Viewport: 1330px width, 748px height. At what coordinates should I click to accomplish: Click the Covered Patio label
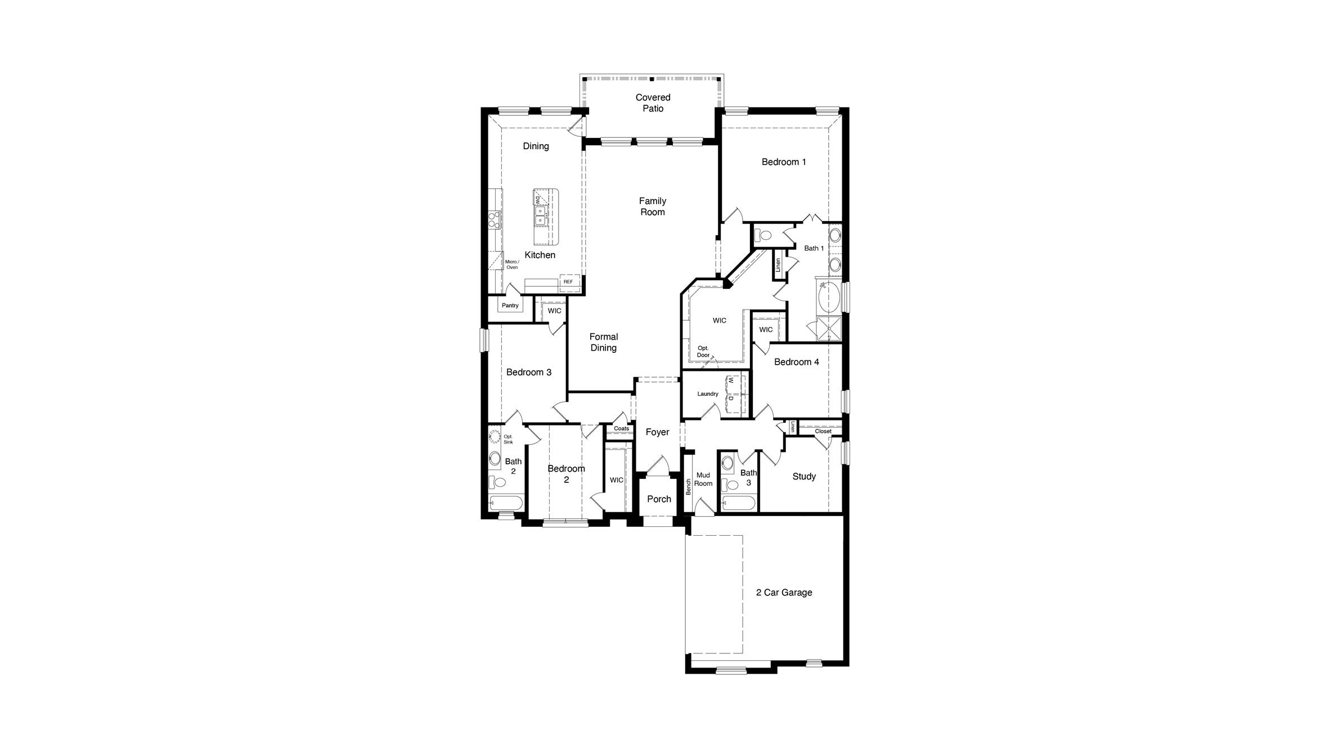tap(653, 103)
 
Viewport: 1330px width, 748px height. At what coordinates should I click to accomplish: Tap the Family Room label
tap(653, 207)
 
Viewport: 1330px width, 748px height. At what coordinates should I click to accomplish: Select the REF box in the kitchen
tap(568, 281)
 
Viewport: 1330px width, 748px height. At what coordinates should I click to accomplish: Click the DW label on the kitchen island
tap(538, 200)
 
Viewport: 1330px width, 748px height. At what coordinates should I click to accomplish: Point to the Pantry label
tap(510, 306)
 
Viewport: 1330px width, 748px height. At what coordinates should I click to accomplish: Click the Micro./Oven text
tap(512, 265)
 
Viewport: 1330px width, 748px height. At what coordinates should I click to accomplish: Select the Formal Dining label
tap(604, 342)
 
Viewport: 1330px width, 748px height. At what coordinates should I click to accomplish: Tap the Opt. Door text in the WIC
tap(703, 352)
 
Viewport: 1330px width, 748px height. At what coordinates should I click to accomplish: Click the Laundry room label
tap(708, 394)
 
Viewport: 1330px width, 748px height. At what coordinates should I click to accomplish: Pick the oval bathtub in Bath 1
tap(829, 298)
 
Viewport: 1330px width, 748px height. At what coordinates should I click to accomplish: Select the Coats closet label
tap(621, 429)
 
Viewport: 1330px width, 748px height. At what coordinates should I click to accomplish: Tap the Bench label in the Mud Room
tap(688, 487)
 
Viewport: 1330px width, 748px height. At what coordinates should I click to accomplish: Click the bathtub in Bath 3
tap(738, 503)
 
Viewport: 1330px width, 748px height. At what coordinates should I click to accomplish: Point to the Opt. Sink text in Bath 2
tap(508, 439)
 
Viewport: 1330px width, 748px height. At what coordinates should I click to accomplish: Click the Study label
tap(804, 477)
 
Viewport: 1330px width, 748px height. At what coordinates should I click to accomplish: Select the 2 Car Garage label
tap(784, 593)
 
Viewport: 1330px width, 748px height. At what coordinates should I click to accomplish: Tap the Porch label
tap(659, 499)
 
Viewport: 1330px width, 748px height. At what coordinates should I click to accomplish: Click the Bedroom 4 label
tap(796, 362)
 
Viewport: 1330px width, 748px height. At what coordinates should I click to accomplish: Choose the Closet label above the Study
tap(823, 432)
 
